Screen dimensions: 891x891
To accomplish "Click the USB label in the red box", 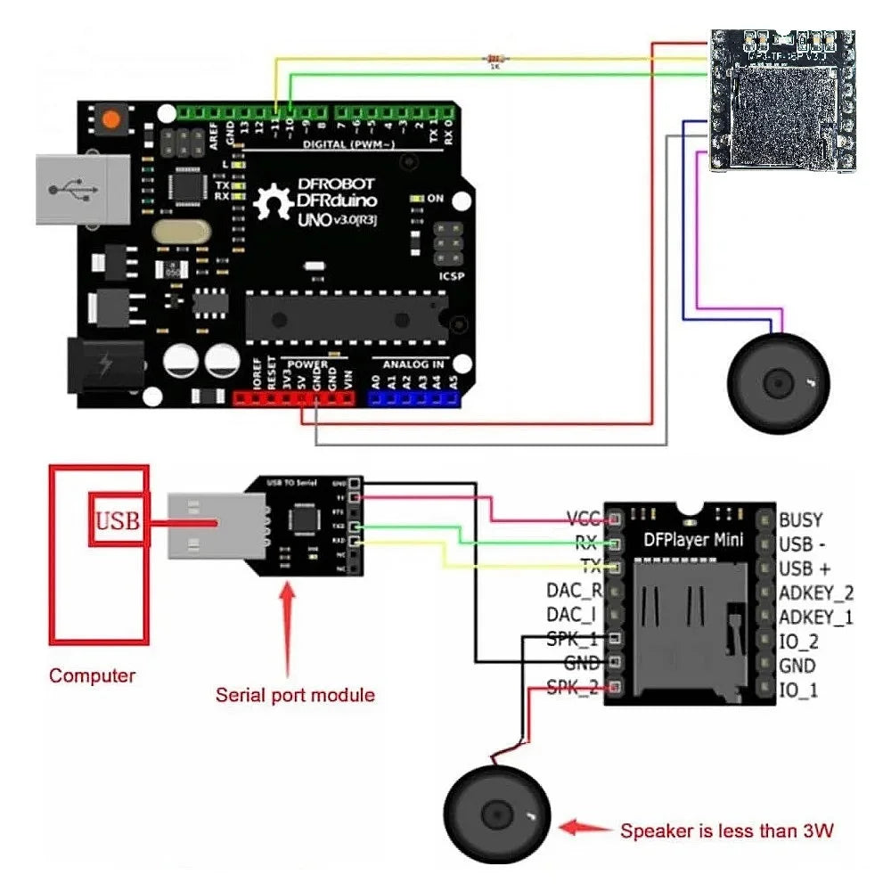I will click(118, 520).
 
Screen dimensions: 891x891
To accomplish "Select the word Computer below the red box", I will click(93, 675).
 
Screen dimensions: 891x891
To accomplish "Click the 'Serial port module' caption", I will click(295, 694).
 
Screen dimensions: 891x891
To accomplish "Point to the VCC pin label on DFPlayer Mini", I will click(584, 519).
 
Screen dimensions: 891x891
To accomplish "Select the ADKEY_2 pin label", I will click(816, 593).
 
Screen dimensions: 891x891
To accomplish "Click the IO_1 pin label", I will click(798, 690).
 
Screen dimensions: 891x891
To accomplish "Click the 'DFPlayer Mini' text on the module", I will click(693, 541).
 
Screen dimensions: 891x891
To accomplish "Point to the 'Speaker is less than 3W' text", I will click(727, 831).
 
